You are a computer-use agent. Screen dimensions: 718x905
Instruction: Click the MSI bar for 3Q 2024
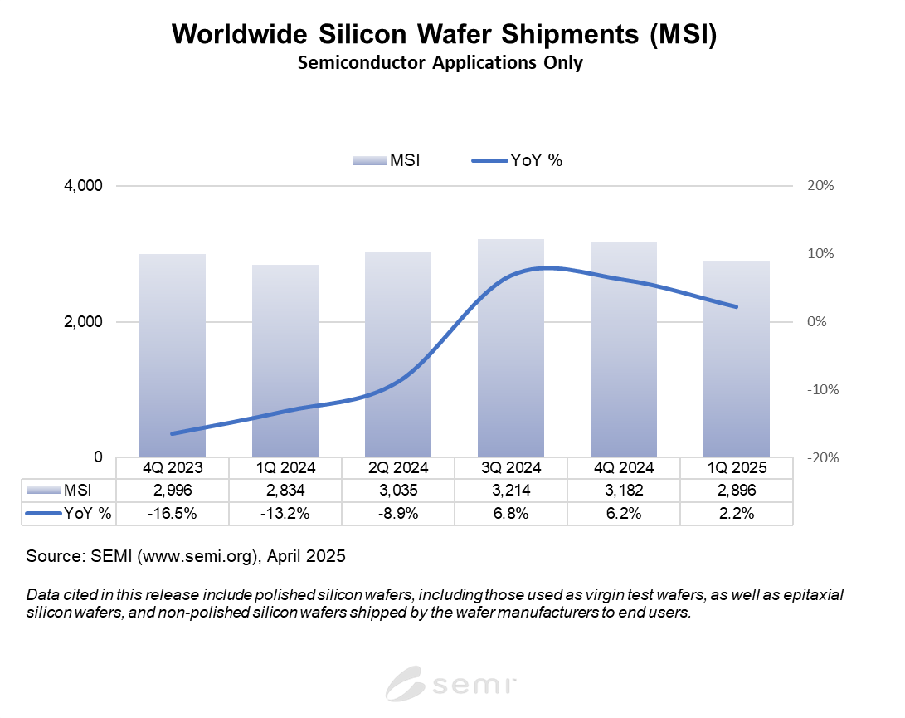tap(511, 349)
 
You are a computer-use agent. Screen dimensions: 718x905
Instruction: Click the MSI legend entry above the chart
tap(387, 160)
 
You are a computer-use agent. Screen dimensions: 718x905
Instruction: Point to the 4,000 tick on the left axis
tap(82, 186)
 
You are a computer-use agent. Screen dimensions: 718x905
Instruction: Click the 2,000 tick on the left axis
tap(82, 322)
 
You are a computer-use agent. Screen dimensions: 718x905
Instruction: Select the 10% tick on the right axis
tap(820, 254)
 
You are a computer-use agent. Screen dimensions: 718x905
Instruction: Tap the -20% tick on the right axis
tap(818, 457)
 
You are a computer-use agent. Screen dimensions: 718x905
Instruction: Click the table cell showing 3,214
tap(511, 491)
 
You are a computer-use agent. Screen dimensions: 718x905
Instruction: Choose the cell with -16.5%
tap(173, 514)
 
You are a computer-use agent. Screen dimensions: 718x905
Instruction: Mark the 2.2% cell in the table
tap(737, 514)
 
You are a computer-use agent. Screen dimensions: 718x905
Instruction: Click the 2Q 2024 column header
tap(398, 468)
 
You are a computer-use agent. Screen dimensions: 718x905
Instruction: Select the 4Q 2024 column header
tap(624, 468)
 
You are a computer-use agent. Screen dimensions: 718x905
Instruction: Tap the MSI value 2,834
tap(285, 491)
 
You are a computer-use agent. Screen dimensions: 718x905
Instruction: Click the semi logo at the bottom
tap(452, 686)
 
